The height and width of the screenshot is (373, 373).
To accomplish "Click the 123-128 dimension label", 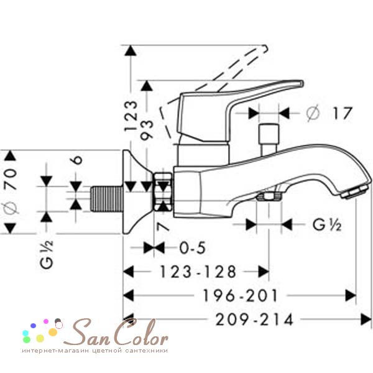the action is [x=198, y=272].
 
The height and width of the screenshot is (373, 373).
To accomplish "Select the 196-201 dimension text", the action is [x=240, y=296].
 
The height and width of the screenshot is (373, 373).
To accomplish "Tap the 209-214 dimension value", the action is [x=254, y=320].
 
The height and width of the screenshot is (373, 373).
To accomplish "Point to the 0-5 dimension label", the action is [x=193, y=248].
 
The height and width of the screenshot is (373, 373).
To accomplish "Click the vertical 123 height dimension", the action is [x=131, y=116].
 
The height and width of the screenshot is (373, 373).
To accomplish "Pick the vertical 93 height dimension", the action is [x=147, y=130].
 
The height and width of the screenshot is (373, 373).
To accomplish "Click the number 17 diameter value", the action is [x=343, y=113].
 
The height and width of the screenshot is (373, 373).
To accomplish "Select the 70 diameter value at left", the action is [x=11, y=179].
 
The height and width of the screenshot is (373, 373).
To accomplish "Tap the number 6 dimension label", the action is [x=76, y=160].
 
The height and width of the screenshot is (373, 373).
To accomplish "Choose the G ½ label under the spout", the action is [x=327, y=224].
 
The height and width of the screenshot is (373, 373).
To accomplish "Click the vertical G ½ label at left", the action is [x=47, y=255].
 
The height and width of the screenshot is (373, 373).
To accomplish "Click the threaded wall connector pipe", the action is [x=107, y=199].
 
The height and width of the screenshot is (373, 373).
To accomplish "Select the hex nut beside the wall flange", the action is [x=163, y=191].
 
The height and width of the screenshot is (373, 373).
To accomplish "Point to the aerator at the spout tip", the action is [x=354, y=193].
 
